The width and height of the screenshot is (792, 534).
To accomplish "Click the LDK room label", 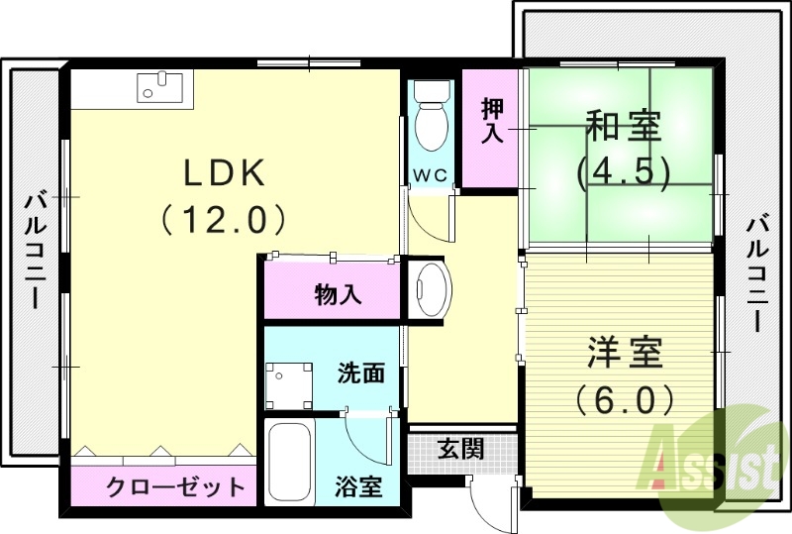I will pos(225,173).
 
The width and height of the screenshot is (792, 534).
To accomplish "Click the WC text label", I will pos(431,175).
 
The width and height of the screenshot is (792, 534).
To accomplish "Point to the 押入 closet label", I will pos(491,122).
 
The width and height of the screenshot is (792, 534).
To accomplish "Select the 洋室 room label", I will pos(625,354).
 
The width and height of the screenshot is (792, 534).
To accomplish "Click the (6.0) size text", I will pos(625,399).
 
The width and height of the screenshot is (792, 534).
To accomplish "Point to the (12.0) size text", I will pos(225,218).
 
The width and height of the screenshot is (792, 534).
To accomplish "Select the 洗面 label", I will pos(360,374).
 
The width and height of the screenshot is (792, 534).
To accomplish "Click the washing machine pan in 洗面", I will pos(288,383).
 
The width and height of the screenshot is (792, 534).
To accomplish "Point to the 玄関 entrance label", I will pos(460,449).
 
